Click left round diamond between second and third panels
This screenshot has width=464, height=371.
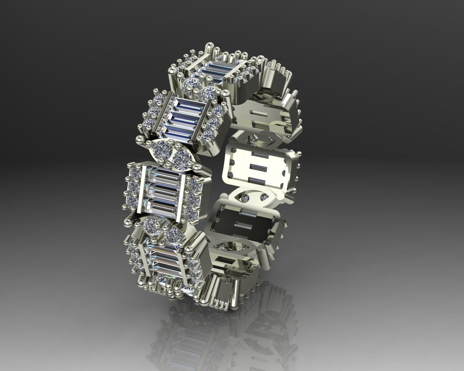(161, 148)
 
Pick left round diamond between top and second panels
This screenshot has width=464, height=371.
(190, 86)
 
